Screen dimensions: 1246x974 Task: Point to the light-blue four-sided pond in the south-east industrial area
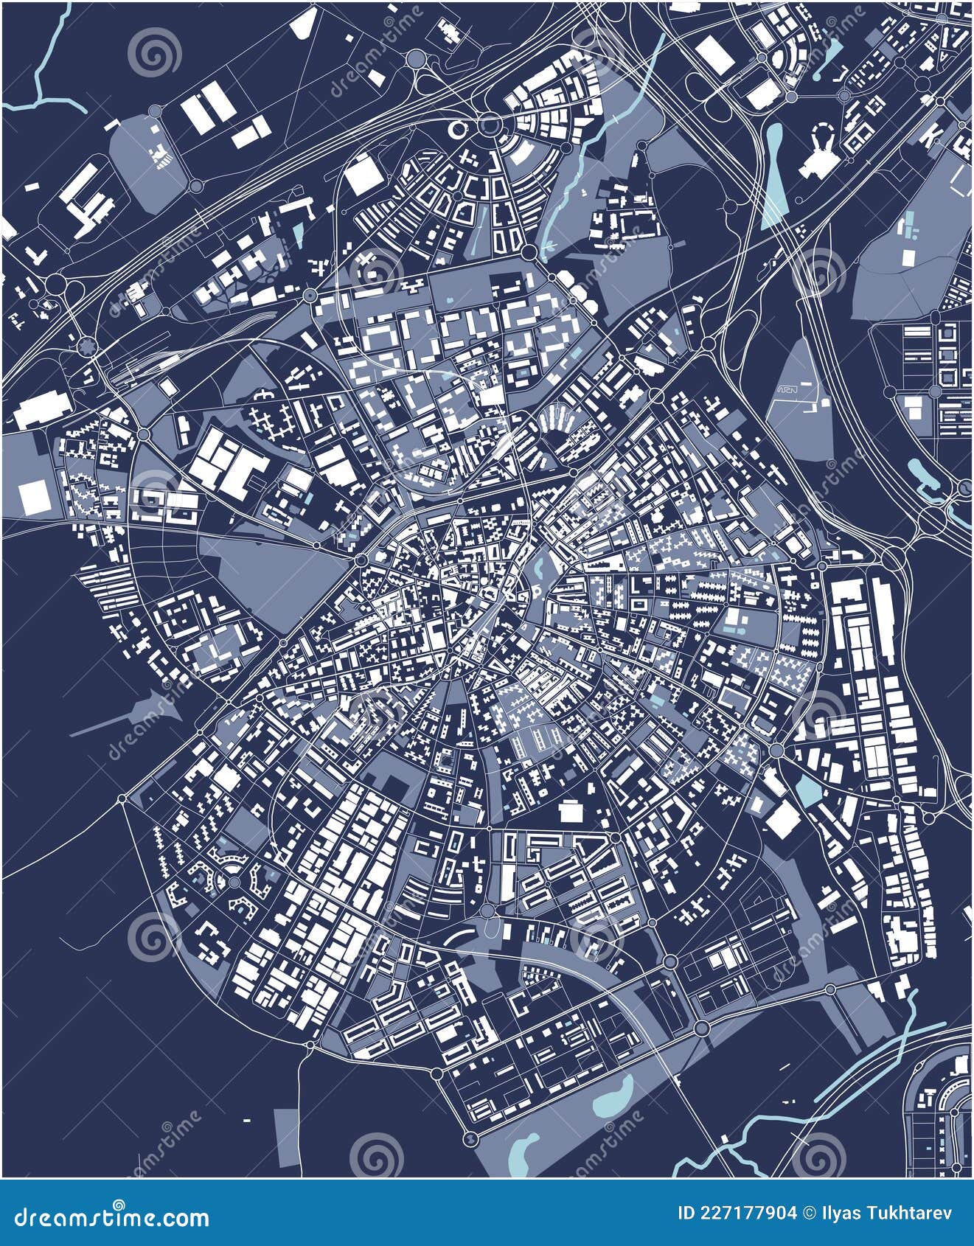807,793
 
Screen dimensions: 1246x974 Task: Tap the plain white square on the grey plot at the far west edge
32,498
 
